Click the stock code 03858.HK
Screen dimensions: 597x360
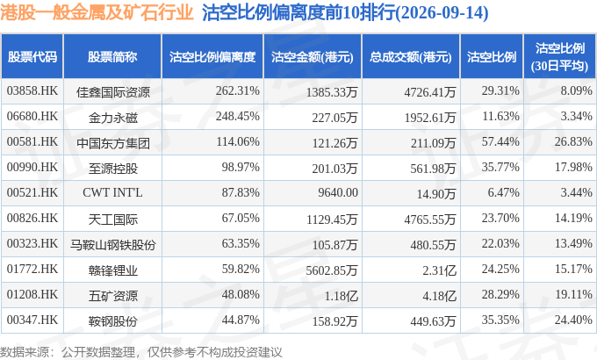[32, 91]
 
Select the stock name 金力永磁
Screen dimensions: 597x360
[112, 118]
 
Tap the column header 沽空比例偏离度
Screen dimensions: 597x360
[212, 57]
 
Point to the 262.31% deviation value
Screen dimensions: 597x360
[238, 91]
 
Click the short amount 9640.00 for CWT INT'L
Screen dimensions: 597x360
[338, 193]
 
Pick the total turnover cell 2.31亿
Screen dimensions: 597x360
[439, 270]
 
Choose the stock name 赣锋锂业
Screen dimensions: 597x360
[112, 270]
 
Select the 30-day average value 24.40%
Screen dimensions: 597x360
[573, 320]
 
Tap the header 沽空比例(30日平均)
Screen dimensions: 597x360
[560, 57]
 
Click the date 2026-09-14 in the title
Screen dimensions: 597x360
[442, 13]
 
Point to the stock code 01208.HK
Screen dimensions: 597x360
[32, 294]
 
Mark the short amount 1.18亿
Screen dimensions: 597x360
[341, 296]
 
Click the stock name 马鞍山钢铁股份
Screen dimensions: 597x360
[112, 245]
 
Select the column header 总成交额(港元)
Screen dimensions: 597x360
[411, 57]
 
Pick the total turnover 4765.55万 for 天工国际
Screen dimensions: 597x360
[430, 220]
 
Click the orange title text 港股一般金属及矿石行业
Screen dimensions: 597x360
[97, 12]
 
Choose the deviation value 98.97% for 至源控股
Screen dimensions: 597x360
[241, 167]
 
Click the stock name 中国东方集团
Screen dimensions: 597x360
[112, 143]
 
